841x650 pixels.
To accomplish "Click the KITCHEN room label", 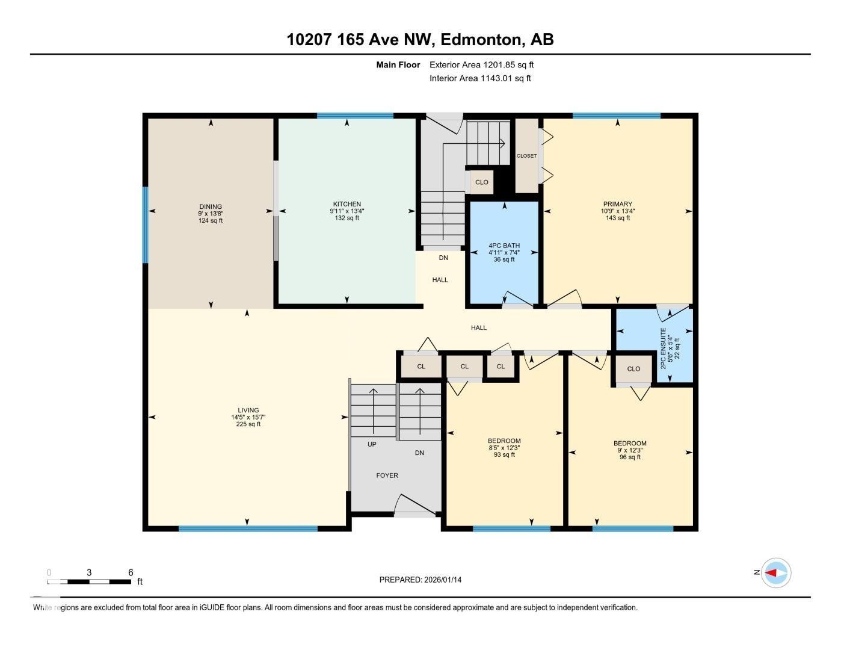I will [x=347, y=204].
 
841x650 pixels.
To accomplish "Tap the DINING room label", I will [x=211, y=206].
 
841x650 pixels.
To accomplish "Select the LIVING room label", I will [x=248, y=410].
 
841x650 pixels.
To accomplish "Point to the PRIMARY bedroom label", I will [x=618, y=204].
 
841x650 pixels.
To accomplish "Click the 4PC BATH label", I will [x=504, y=246].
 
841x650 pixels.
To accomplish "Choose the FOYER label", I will [x=387, y=475].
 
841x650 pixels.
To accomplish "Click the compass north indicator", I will [x=775, y=572].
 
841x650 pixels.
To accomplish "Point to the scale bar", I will [x=89, y=581].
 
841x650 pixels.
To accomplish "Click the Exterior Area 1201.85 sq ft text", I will [x=481, y=64].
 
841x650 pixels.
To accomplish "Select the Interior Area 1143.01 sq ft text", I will [x=480, y=78].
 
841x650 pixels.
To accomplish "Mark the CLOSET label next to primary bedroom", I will [x=526, y=156].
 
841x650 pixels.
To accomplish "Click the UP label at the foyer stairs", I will [x=372, y=444].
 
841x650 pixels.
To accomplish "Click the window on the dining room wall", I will [x=145, y=224].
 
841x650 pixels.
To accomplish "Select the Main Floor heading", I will [x=398, y=64].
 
